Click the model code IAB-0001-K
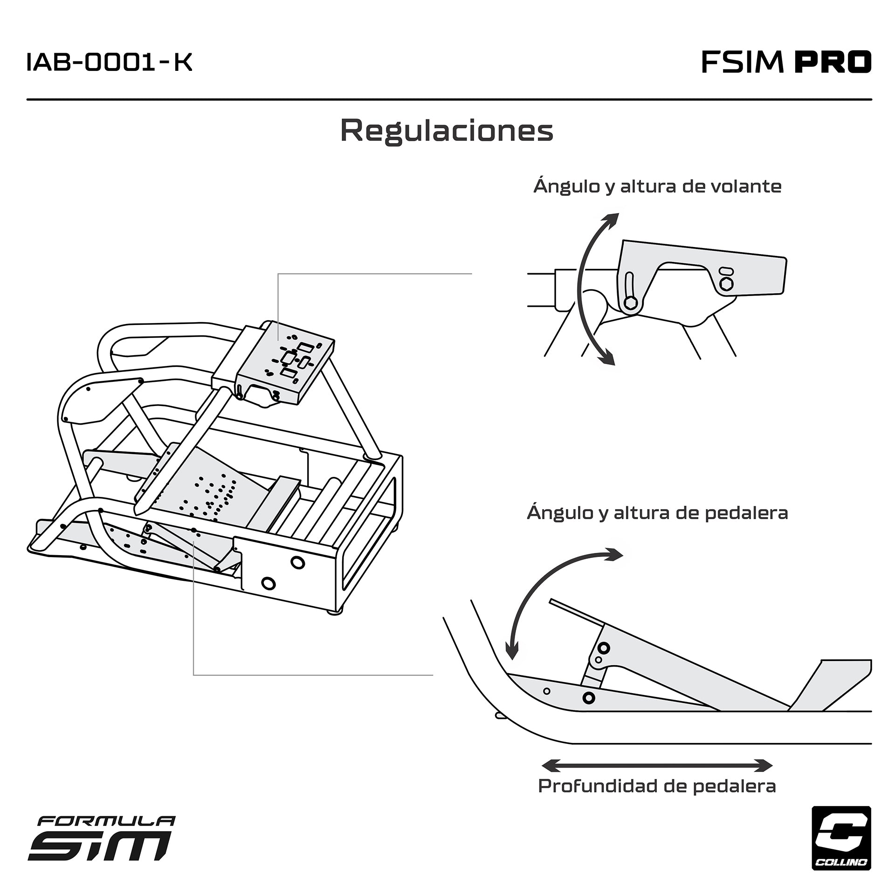(110, 62)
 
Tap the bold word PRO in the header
(833, 62)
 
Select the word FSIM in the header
(742, 62)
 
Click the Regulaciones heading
(447, 131)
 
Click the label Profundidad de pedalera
(657, 786)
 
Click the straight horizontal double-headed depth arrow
(657, 765)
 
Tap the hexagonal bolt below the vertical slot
(630, 303)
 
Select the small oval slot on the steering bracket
(726, 271)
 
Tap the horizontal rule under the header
(449, 99)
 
